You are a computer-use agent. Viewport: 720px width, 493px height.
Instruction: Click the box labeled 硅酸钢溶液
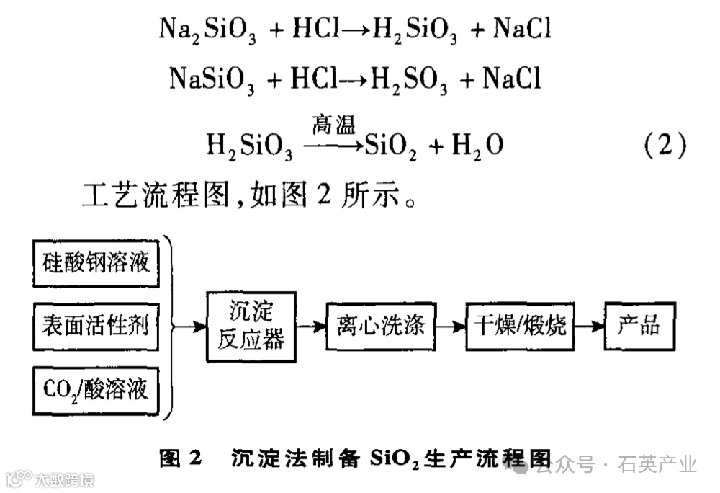point(96,262)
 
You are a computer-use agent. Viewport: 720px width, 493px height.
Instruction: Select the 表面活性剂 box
point(96,327)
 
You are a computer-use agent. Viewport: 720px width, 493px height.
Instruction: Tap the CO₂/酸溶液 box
point(96,390)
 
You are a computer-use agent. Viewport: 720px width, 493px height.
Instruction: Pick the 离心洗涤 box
point(380,326)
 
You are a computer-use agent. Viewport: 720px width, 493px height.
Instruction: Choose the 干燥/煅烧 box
point(520,326)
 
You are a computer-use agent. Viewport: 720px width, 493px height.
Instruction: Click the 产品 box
point(639,326)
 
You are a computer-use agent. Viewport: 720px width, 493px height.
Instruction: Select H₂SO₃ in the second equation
point(408,80)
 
